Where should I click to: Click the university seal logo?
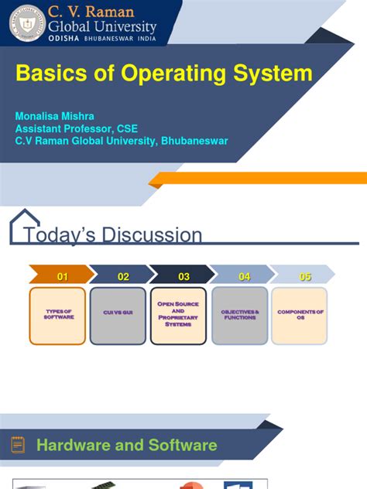click(x=26, y=22)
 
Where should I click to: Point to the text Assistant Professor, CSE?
click(x=77, y=128)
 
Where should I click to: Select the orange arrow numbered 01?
click(x=61, y=276)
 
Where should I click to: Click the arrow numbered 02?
click(x=122, y=276)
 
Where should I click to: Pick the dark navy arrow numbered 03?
click(x=183, y=276)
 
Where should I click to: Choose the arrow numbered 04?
click(x=243, y=276)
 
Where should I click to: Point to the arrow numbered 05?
click(x=304, y=276)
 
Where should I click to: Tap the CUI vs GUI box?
click(x=118, y=316)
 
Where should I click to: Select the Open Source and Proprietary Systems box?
click(x=178, y=316)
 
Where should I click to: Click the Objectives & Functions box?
click(x=239, y=316)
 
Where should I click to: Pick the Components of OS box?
click(x=300, y=316)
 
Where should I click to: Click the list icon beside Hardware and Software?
click(x=18, y=445)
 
